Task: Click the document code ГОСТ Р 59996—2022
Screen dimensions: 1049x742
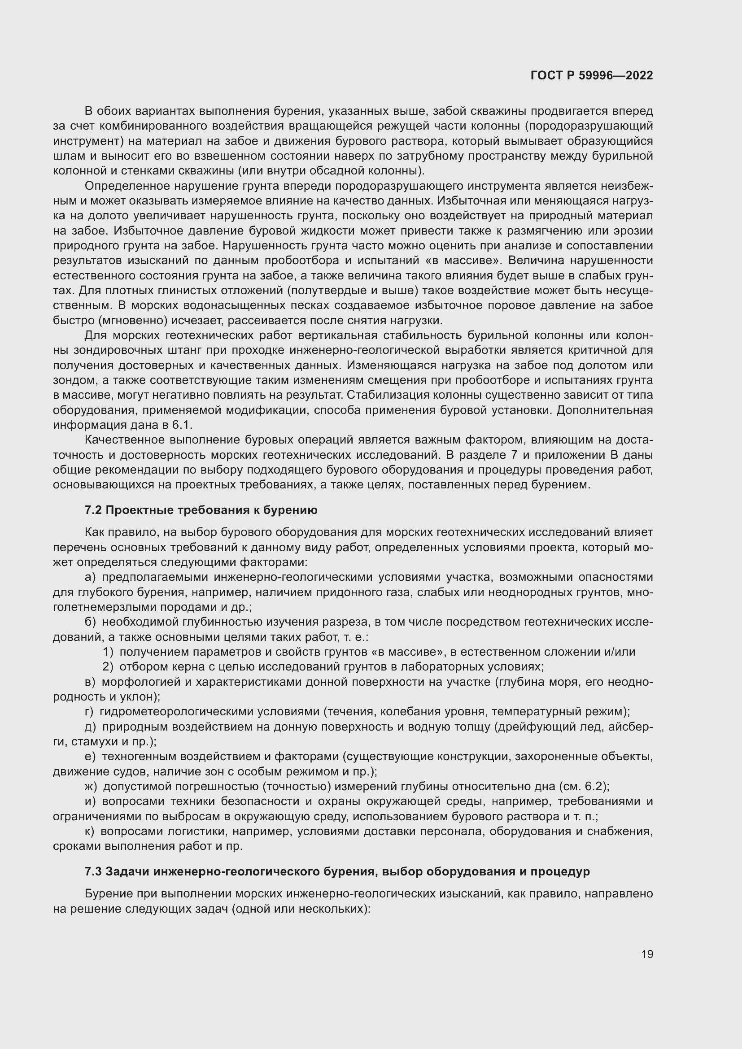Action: point(592,76)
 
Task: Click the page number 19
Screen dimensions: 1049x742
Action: point(647,954)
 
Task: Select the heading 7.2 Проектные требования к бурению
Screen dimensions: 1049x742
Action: point(201,510)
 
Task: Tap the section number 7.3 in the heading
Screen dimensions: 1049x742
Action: point(93,871)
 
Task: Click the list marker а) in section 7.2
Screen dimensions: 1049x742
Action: point(90,578)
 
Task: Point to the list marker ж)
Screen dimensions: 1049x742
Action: point(91,786)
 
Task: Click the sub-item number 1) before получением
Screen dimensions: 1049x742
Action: point(108,652)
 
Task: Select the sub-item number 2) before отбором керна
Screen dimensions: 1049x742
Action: point(108,666)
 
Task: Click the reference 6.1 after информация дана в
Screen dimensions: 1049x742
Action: point(182,425)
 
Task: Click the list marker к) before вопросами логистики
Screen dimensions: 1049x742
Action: point(90,831)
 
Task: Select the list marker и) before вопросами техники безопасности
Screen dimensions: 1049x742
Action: point(90,801)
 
